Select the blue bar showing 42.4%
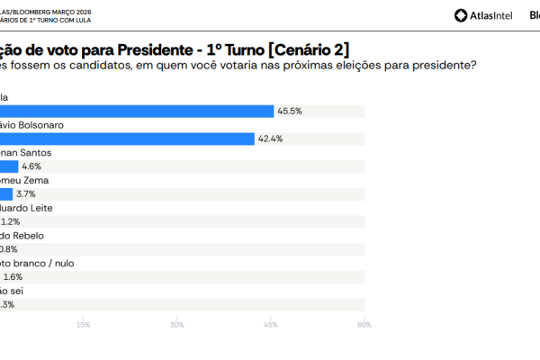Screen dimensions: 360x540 point(127,139)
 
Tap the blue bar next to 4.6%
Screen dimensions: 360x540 point(9,166)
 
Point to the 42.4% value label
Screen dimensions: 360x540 point(271,139)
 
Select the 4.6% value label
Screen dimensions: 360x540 point(31,166)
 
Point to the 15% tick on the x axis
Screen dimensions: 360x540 point(84,325)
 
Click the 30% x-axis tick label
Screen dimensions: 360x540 point(177,325)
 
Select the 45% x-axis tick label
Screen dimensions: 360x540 point(270,325)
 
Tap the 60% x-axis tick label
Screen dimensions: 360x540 point(364,325)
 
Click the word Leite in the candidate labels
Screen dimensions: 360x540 point(44,208)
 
